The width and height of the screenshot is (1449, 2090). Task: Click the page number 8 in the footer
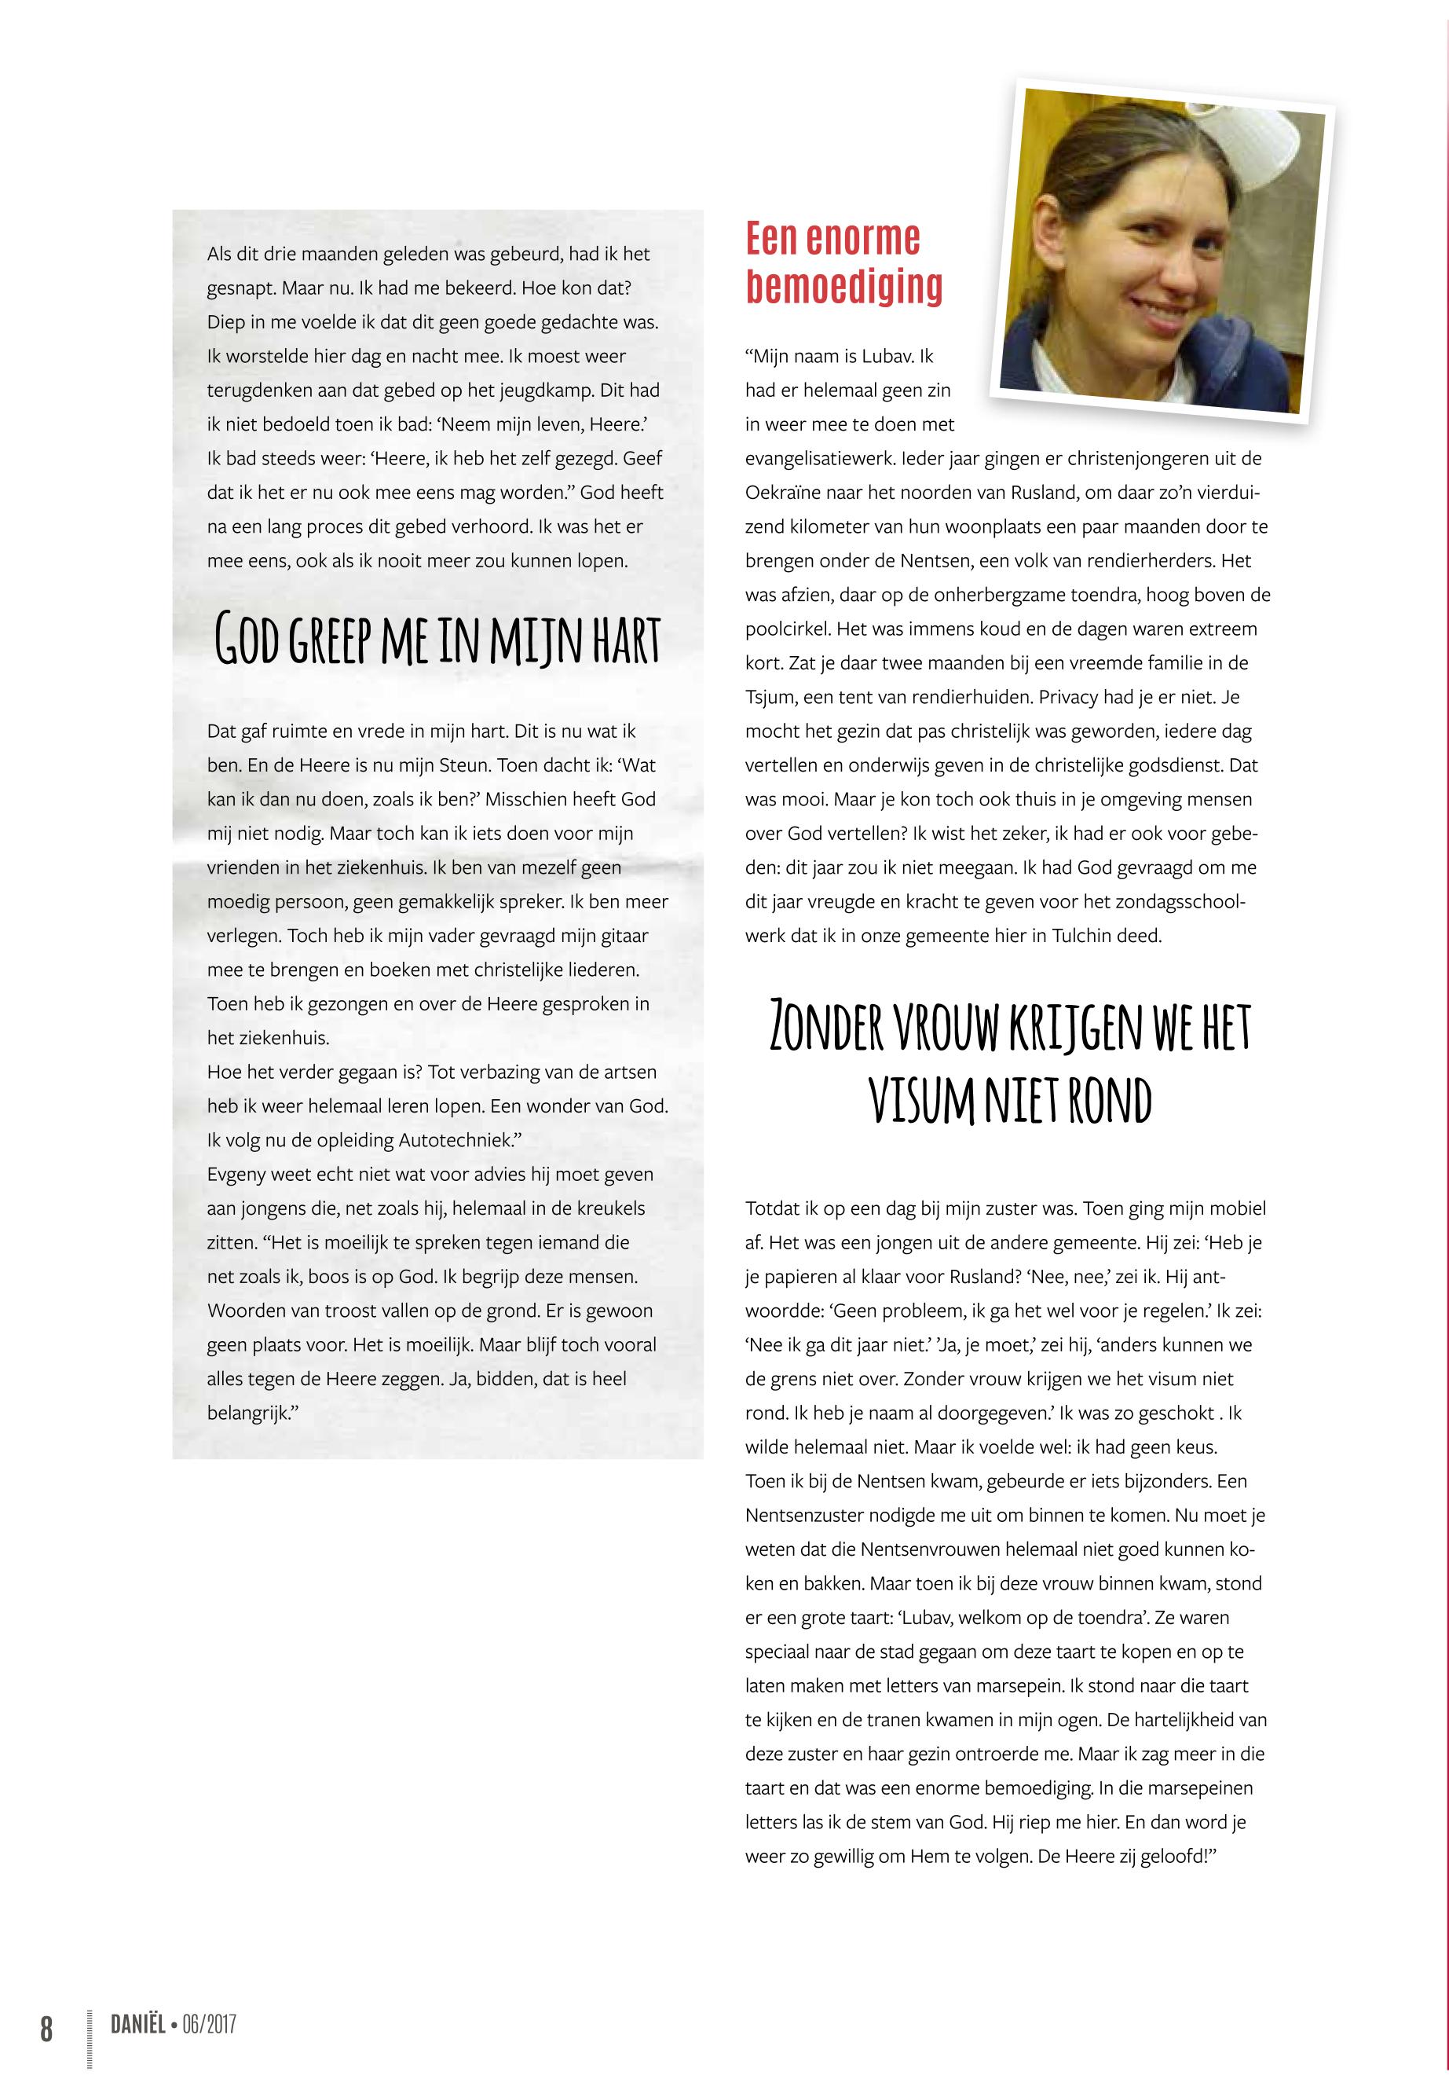tap(46, 2028)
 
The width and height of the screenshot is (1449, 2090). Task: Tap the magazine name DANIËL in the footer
tap(137, 2024)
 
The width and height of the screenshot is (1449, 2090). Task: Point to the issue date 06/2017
tap(209, 2024)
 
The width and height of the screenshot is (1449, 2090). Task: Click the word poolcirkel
tap(787, 629)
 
